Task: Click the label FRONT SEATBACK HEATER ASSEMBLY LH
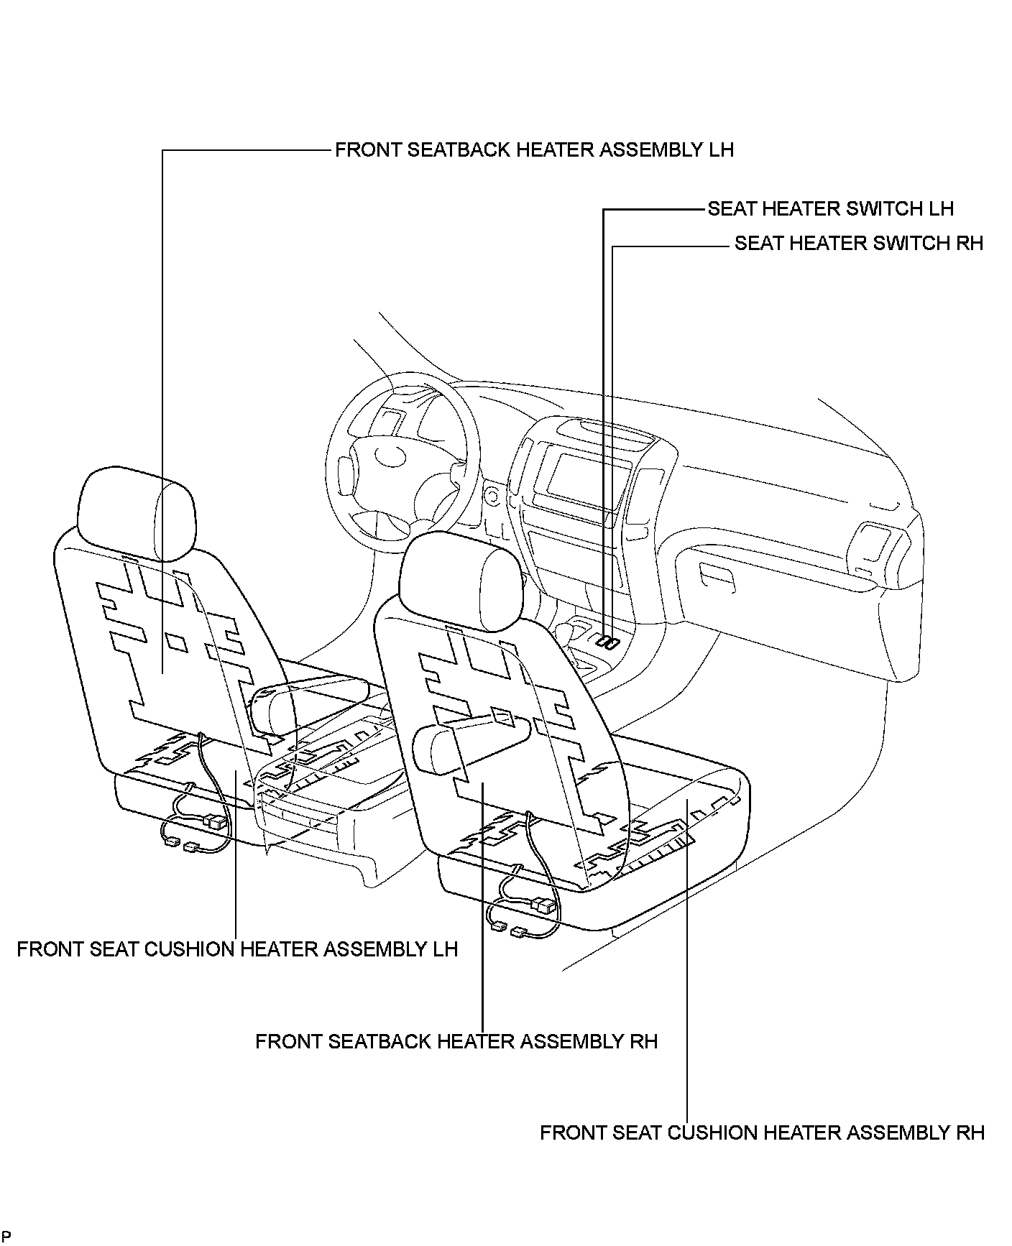tap(534, 150)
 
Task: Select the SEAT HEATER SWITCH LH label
tap(830, 209)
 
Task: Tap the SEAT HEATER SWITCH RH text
tap(858, 244)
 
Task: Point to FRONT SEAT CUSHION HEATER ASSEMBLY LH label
tap(237, 949)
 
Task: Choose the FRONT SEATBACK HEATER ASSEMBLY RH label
tap(456, 1041)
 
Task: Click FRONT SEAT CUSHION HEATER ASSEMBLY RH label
tap(762, 1133)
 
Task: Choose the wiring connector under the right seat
tap(544, 905)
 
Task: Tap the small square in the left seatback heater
tap(176, 642)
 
